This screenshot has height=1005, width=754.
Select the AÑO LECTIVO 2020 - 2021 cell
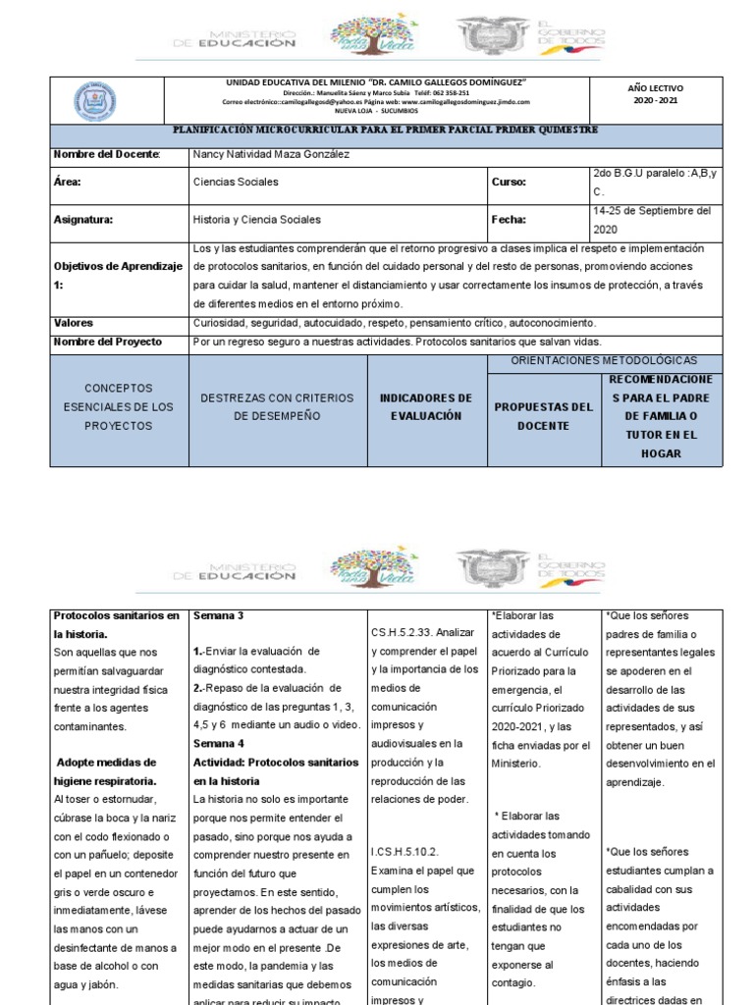click(653, 94)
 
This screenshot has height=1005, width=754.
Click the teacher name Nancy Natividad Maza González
click(272, 154)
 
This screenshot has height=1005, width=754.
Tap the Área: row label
click(68, 183)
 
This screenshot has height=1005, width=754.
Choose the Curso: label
click(509, 183)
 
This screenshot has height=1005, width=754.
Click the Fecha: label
click(509, 220)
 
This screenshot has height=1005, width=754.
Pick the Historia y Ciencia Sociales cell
click(257, 220)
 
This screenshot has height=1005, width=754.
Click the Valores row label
click(75, 323)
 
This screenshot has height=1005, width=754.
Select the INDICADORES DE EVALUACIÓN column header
click(426, 407)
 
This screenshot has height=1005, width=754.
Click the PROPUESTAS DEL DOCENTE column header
click(543, 416)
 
